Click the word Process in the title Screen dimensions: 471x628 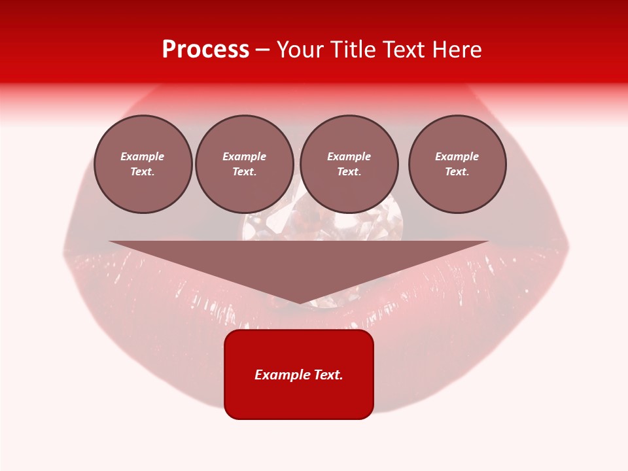coord(205,50)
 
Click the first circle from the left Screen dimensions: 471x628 coord(143,164)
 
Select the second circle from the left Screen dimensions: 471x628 coord(245,164)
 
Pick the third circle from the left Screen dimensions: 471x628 coord(349,164)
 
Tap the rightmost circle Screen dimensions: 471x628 coord(457,164)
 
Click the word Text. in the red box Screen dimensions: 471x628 coord(328,375)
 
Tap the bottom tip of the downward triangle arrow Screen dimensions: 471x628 coord(300,302)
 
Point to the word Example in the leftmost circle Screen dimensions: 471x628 coord(143,156)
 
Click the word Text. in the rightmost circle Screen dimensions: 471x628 coord(457,172)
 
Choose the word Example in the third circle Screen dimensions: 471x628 coord(349,156)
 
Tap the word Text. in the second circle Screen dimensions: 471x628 coord(245,172)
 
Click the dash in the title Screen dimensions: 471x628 coord(262,50)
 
